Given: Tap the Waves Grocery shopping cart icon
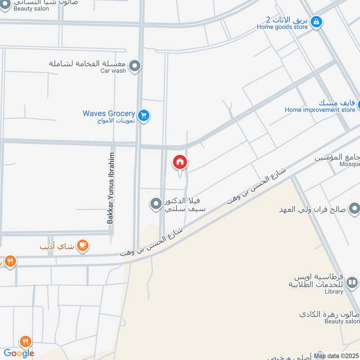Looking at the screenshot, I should click(144, 116).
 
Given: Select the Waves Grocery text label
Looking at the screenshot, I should click(109, 113).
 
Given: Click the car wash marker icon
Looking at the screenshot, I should click(134, 67).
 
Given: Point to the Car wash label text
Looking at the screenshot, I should click(113, 71).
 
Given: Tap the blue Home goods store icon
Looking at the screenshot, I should click(317, 21).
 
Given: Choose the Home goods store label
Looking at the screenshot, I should click(282, 27).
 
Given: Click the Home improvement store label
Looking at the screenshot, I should click(320, 110).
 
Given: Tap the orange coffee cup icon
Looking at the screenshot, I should click(82, 245).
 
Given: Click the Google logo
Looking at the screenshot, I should click(19, 353).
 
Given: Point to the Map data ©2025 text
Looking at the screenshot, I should click(336, 356).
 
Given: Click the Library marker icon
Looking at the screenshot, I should click(352, 283).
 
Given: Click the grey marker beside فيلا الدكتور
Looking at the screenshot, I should click(156, 204).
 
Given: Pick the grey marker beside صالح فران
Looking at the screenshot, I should click(354, 208).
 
